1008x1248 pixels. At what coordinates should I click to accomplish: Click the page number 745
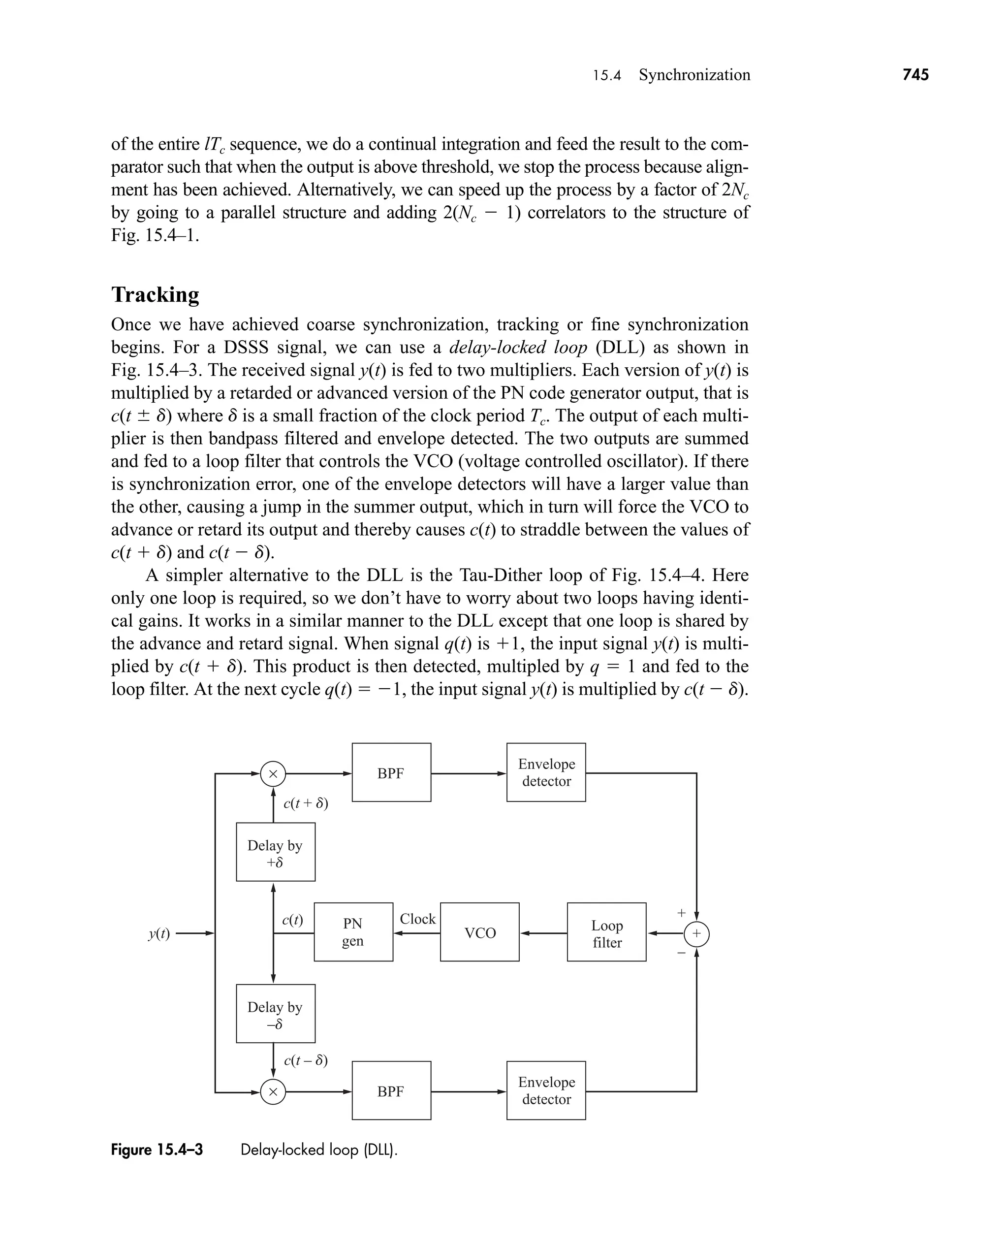(915, 75)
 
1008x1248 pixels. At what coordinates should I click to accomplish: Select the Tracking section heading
(155, 294)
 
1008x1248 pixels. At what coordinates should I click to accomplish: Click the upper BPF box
(391, 772)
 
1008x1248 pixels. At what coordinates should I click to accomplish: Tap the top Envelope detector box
(546, 772)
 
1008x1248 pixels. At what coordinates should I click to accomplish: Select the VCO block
(479, 932)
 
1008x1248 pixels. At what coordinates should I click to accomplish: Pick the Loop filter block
(606, 932)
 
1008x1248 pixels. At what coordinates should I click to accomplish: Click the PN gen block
(353, 932)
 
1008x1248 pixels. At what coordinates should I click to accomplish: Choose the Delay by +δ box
(275, 852)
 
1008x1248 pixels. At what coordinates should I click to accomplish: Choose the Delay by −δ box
(275, 1013)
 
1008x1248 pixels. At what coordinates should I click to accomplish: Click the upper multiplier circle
(273, 773)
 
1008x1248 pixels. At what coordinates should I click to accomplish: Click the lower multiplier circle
(273, 1092)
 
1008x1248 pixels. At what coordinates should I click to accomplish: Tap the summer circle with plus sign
(696, 934)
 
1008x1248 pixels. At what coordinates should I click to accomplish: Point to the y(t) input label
(158, 933)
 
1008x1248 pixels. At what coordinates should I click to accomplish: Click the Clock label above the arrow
(417, 919)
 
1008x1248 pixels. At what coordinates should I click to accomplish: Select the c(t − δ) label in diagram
(306, 1060)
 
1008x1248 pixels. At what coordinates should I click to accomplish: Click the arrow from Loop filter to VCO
(543, 933)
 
